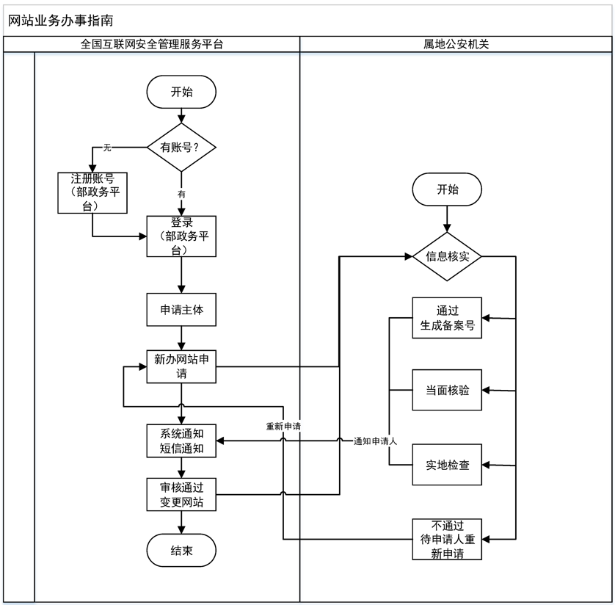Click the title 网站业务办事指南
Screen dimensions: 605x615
point(61,21)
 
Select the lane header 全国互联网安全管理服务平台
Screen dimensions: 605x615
point(152,44)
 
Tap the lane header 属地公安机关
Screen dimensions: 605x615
point(456,44)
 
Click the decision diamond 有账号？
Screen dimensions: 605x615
point(181,148)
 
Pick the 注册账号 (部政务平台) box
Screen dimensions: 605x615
point(92,192)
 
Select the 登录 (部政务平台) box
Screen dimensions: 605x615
point(181,236)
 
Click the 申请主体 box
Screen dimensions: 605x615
point(181,310)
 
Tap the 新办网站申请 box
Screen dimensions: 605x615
point(181,366)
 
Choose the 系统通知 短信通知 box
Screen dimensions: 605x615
point(181,440)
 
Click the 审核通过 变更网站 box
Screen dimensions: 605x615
point(181,494)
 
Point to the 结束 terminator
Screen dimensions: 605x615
point(181,551)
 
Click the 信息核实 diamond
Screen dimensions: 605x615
point(447,256)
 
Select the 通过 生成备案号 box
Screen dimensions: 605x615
point(447,317)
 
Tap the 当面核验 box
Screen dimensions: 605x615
point(447,390)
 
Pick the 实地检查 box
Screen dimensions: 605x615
point(447,465)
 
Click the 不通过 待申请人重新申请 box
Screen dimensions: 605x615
point(447,539)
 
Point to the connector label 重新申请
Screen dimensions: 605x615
point(283,426)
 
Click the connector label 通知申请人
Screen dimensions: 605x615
point(375,441)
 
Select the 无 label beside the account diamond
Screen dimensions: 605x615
point(107,148)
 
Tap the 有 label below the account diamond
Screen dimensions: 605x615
point(181,195)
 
